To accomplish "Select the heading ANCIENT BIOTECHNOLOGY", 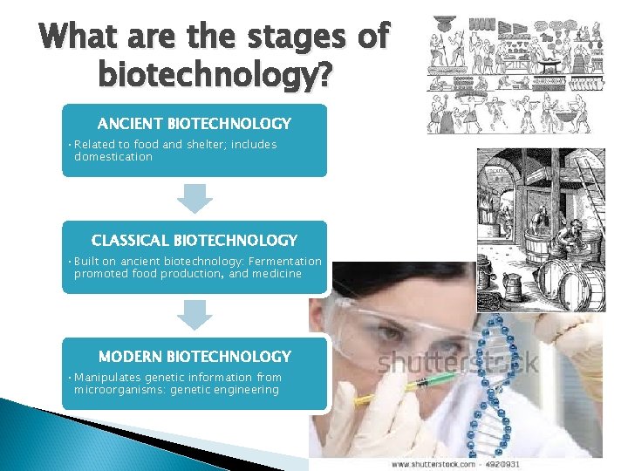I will click(194, 124).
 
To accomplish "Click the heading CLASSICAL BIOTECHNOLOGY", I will click(194, 240).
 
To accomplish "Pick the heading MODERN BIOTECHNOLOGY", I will click(194, 356).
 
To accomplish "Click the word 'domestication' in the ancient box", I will click(113, 157).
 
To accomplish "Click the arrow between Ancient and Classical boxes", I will click(195, 198).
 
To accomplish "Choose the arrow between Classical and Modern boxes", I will click(195, 315).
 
